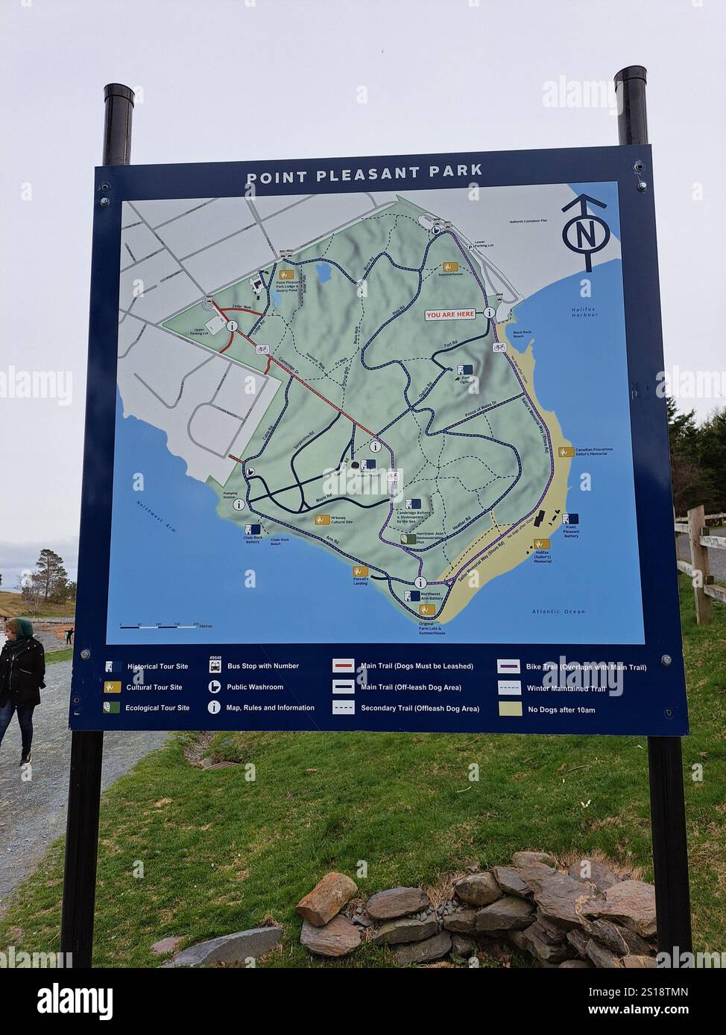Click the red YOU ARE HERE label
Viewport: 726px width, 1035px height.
coord(449,314)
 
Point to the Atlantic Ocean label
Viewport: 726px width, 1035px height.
coord(558,612)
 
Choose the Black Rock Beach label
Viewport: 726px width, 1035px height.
coord(522,334)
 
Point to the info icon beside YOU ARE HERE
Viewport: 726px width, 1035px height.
coord(490,313)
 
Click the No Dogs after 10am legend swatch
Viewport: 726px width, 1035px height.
coord(511,709)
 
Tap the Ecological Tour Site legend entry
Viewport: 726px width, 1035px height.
coord(157,708)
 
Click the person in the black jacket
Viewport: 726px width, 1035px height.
coord(20,685)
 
